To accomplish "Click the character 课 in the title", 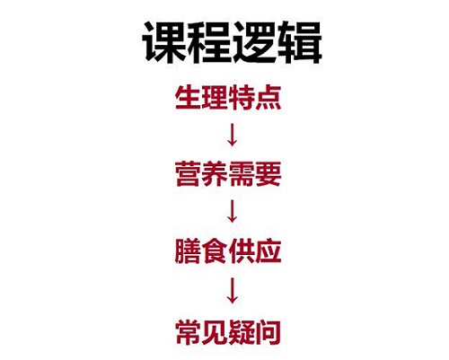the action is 164,42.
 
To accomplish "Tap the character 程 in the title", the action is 209,42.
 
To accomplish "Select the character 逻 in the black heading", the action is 254,42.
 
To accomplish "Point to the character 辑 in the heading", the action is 299,42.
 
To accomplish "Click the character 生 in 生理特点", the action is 188,97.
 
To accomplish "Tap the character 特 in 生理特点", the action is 242,97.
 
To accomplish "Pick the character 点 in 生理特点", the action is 269,97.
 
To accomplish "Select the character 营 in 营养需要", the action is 188,174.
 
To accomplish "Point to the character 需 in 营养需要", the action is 242,174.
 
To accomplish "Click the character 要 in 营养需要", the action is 269,174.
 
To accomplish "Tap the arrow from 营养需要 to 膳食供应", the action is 233,211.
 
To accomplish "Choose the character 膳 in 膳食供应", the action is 188,251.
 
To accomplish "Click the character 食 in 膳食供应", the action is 215,251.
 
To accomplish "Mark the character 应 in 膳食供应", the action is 269,251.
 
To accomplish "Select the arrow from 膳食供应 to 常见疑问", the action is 233,291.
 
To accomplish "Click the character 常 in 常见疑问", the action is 188,332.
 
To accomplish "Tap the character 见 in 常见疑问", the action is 215,332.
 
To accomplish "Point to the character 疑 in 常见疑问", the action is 242,332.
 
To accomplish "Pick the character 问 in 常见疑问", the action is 269,332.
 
